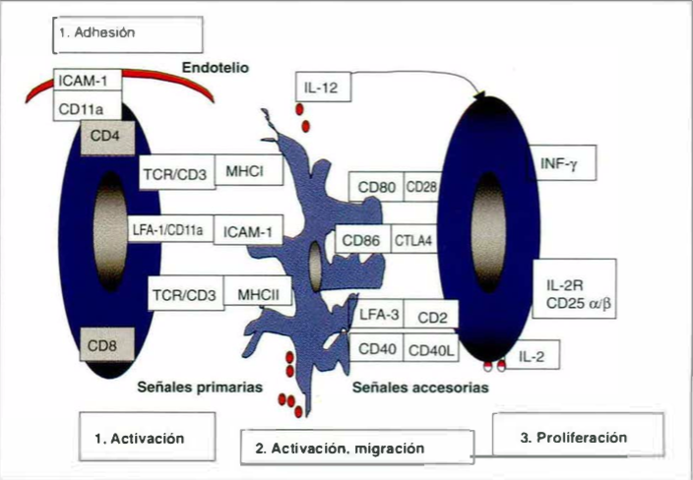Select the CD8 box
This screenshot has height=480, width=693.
(x=104, y=345)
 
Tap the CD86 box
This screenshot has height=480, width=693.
(x=363, y=240)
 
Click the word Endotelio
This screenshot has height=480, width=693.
(x=216, y=68)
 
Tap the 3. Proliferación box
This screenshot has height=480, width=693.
(x=577, y=436)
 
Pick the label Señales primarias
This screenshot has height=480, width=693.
(x=200, y=388)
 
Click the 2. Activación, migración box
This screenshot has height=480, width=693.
(x=341, y=449)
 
